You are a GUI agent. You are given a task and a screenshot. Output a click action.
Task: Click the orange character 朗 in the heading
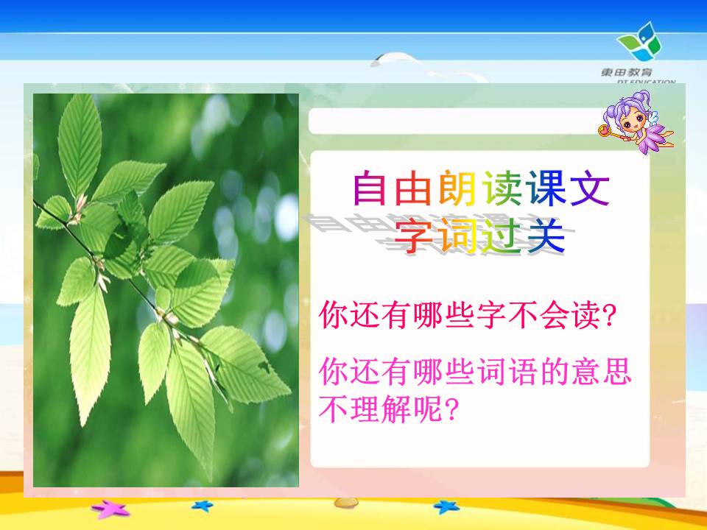pyautogui.click(x=457, y=188)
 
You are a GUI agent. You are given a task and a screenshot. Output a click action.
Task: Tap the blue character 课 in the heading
pyautogui.click(x=546, y=188)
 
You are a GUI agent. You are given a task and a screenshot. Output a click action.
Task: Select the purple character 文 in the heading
pyautogui.click(x=590, y=188)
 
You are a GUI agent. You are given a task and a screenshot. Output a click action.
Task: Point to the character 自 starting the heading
pyautogui.click(x=369, y=188)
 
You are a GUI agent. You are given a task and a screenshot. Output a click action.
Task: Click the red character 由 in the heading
pyautogui.click(x=413, y=188)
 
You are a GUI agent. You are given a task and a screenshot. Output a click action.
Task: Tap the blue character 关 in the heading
pyautogui.click(x=546, y=235)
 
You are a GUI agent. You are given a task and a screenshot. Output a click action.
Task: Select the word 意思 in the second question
pyautogui.click(x=601, y=371)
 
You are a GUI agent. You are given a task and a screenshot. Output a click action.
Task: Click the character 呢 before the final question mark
pyautogui.click(x=429, y=409)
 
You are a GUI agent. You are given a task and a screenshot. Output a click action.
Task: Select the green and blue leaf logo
pyautogui.click(x=640, y=41)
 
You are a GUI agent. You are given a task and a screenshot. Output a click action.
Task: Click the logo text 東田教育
pyautogui.click(x=626, y=72)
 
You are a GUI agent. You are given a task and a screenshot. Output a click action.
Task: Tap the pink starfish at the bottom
pyautogui.click(x=110, y=509)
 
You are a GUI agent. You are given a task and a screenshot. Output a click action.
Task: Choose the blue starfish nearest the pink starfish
pyautogui.click(x=203, y=506)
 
